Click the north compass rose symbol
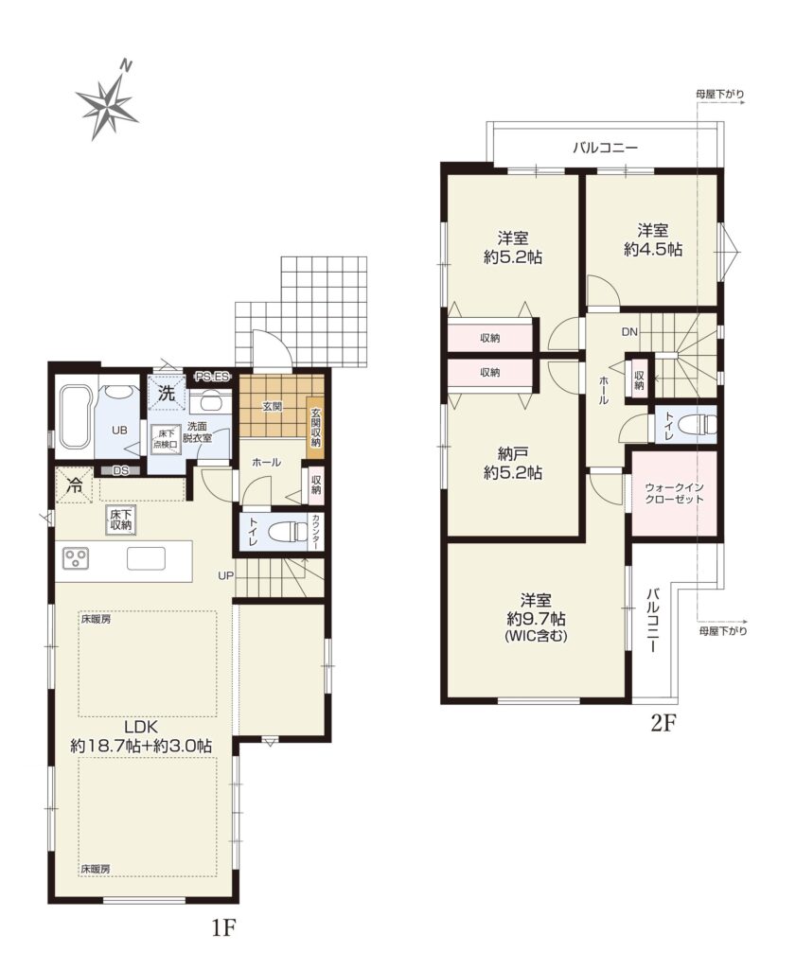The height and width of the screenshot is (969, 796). pos(107,105)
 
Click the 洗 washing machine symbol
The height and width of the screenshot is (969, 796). pos(167,393)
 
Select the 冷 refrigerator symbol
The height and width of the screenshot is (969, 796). pos(74,485)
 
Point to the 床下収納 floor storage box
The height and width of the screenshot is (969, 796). pos(121,520)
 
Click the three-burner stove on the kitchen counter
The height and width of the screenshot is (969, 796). pos(77,558)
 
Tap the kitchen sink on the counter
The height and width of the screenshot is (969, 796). pos(147,558)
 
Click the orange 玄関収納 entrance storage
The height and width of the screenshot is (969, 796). pos(315,427)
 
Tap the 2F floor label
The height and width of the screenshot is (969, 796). pos(664,722)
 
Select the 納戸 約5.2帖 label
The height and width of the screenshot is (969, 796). pos(513,464)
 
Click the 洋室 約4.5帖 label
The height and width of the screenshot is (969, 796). pos(653,239)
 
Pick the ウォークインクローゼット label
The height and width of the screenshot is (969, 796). pos(674,494)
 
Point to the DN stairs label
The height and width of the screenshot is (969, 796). pos(629,332)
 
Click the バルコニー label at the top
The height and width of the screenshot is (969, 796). pos(605,148)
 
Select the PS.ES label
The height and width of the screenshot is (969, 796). pos(213,375)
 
